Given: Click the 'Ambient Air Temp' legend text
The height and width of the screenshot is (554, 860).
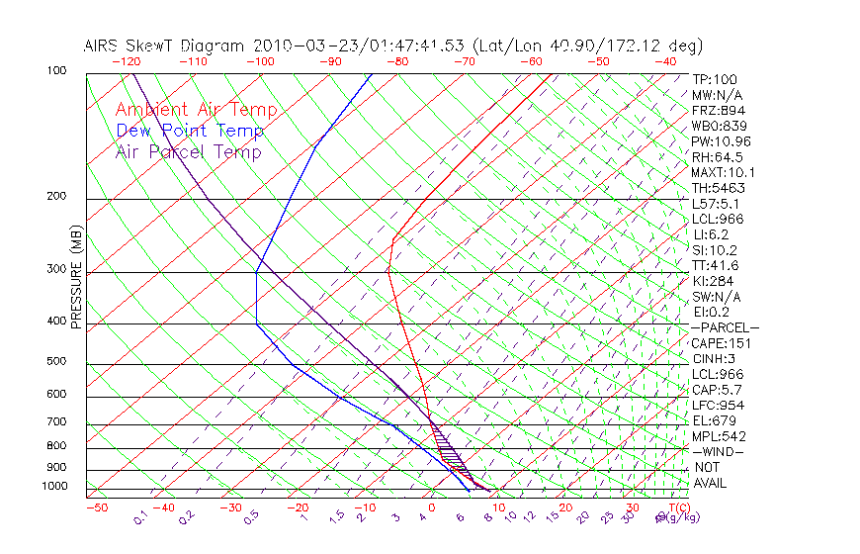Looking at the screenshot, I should [196, 110].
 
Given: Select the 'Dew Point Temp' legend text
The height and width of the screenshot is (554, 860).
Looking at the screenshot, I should [190, 131].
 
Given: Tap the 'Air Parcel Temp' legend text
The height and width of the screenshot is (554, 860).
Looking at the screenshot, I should [188, 151].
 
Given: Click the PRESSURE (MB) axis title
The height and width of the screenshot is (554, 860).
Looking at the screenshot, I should [76, 277].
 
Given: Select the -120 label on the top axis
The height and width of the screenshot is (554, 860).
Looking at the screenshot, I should [126, 61].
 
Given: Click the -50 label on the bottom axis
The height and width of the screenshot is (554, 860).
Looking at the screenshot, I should [96, 508].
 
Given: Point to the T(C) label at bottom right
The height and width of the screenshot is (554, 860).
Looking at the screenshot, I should [677, 508].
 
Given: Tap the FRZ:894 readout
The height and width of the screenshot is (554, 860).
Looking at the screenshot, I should [715, 111].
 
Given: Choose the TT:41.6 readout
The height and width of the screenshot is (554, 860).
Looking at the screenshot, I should [715, 265].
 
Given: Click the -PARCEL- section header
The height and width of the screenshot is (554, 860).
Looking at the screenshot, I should [725, 327].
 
